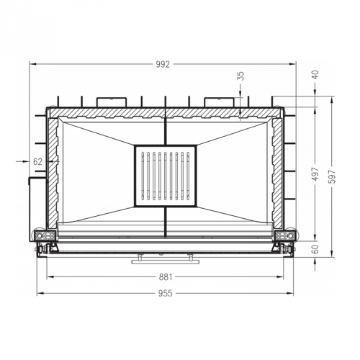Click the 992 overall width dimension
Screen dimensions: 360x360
(163, 64)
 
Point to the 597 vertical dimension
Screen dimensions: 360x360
(331, 180)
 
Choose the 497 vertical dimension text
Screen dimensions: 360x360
(315, 175)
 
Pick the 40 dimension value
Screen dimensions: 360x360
(315, 73)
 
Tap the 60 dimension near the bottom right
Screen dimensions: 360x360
(315, 248)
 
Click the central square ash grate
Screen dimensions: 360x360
(165, 176)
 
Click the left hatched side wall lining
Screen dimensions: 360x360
(53, 173)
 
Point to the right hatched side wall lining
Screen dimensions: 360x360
(277, 173)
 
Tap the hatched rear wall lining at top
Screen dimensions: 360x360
(165, 113)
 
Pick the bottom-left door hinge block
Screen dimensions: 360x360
(45, 236)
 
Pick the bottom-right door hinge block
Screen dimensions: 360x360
(284, 236)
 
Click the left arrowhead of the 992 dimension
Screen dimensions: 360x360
(32, 64)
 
